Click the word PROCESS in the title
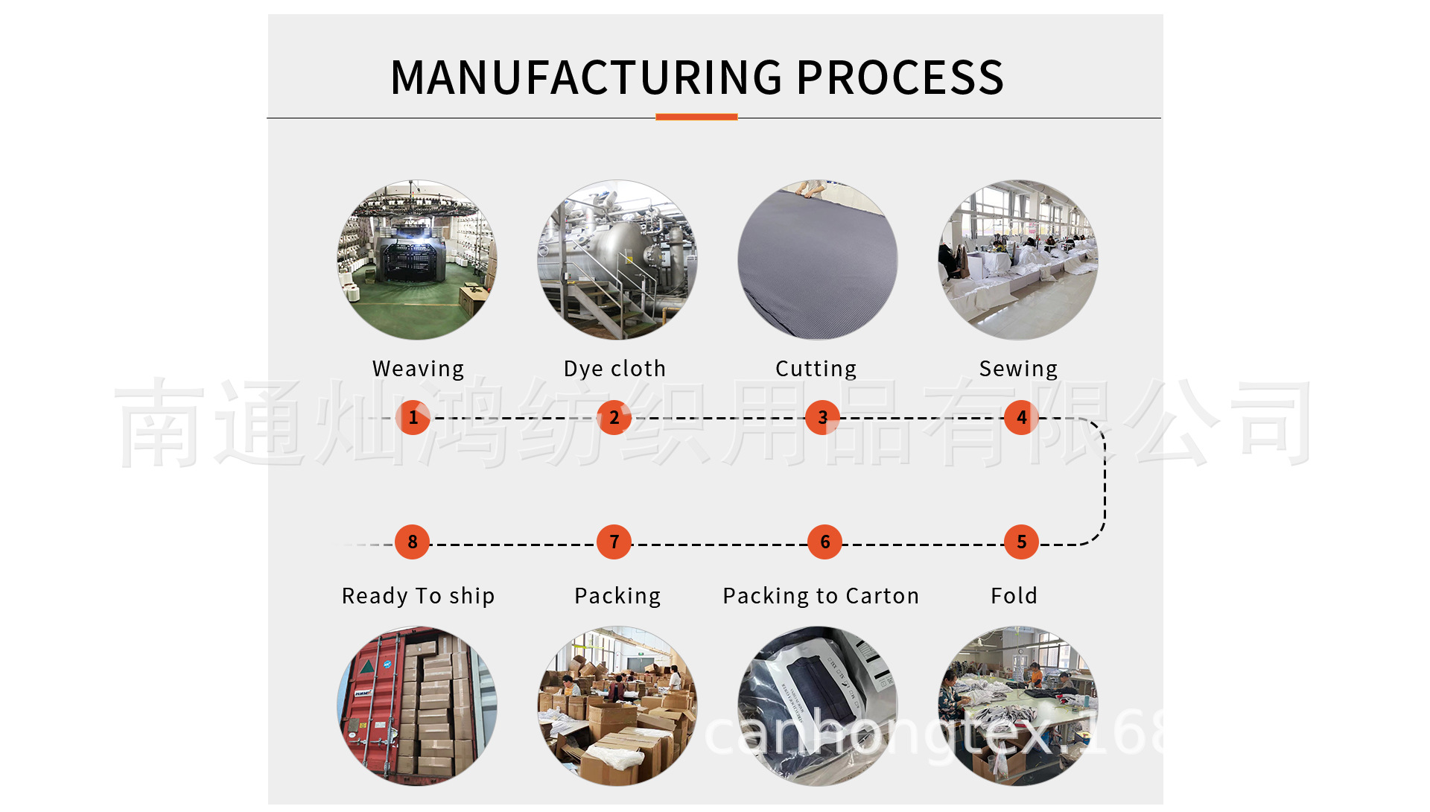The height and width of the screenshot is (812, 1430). coord(900,77)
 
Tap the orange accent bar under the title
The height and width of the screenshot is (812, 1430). coord(696,117)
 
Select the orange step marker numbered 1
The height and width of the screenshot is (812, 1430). coord(413,417)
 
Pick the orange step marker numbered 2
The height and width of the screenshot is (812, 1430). coord(614,417)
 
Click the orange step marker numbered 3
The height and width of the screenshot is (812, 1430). coord(822,417)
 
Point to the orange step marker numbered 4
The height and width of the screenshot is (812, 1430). coord(1021,417)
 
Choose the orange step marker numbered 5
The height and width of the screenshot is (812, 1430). coord(1021,542)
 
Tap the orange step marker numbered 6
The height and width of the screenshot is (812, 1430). coord(824,542)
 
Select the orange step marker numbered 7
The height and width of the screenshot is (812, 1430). coord(614,542)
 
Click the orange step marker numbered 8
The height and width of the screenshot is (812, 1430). coord(412,542)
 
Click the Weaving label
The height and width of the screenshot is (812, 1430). coord(418,369)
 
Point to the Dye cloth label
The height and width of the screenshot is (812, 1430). coord(614,369)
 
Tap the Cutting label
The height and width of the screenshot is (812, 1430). coord(816,369)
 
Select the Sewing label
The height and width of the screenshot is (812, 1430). coord(1018,369)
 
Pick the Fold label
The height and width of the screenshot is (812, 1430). coord(1014,596)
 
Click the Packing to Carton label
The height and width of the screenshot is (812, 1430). coord(821,596)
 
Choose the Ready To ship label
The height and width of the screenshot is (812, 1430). coord(418,596)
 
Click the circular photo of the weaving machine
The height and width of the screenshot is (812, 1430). coord(417,259)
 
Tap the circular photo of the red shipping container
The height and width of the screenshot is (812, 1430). coord(417,705)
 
